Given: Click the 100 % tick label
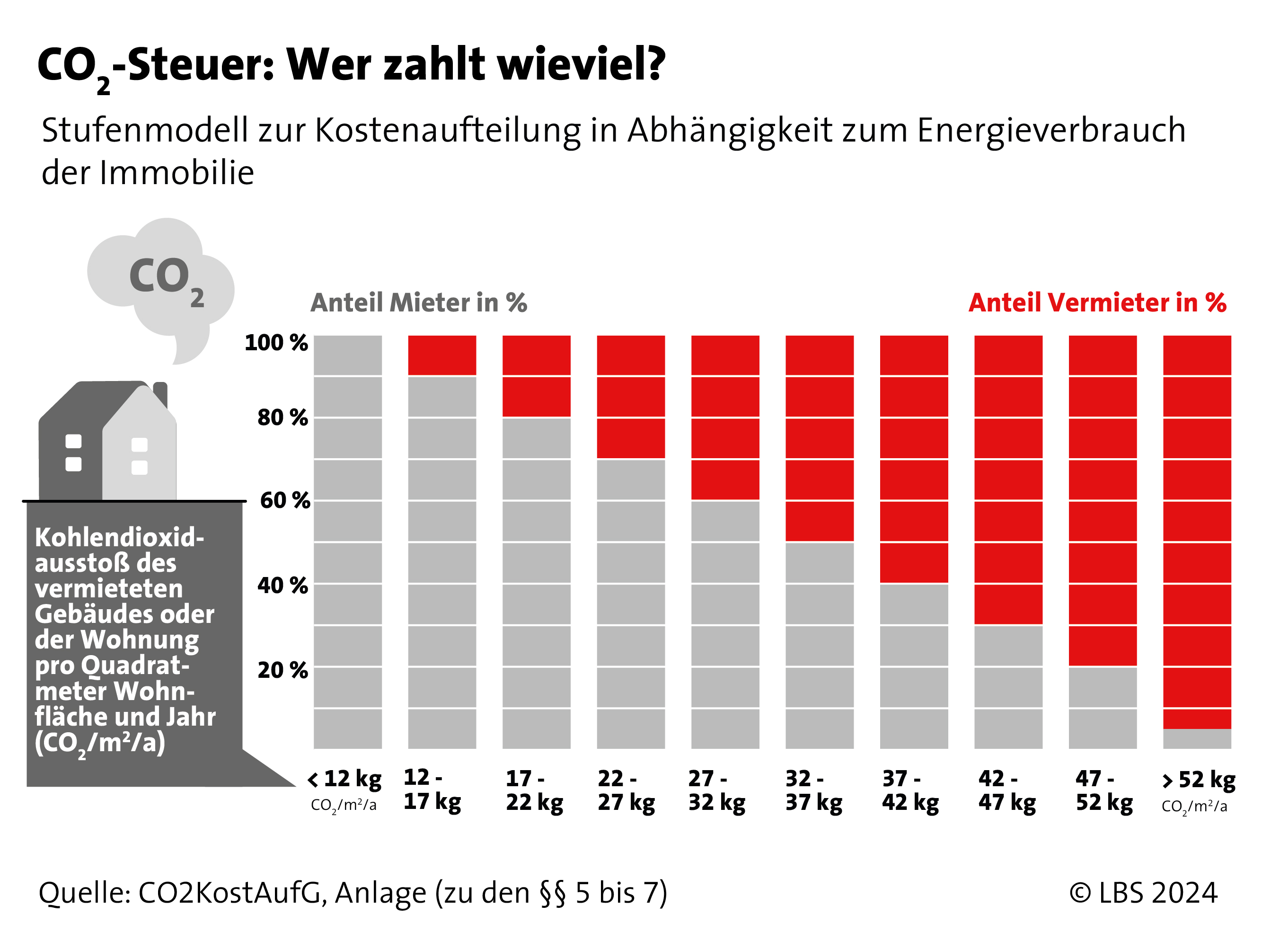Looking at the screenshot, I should (x=276, y=343).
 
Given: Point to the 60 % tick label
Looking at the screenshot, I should (x=285, y=500).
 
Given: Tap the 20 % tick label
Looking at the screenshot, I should (x=282, y=670).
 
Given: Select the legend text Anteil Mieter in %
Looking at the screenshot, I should (x=419, y=302).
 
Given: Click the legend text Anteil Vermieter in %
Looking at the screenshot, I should (x=1097, y=302).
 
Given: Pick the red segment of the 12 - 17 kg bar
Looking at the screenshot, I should (x=442, y=355).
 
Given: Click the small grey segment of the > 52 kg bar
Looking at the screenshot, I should (x=1197, y=739).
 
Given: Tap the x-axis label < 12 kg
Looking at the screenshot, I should (x=345, y=779).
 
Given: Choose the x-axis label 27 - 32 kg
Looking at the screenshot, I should (x=716, y=790).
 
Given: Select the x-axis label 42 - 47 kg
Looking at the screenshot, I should (x=1007, y=790).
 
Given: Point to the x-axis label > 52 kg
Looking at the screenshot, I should (x=1198, y=781).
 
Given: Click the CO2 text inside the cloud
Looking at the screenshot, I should (x=166, y=277).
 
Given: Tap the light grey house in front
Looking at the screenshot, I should (x=140, y=450).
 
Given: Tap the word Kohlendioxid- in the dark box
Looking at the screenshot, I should (x=120, y=537).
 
